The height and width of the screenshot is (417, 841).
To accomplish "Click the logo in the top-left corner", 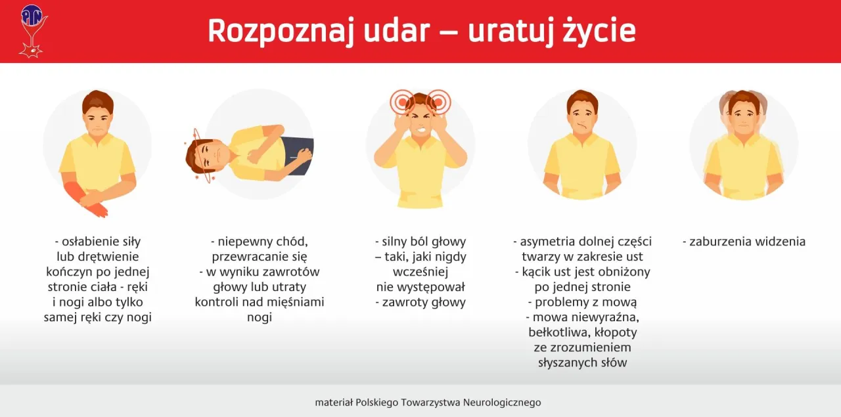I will pyautogui.click(x=32, y=30).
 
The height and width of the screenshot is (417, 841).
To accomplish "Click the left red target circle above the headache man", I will pyautogui.click(x=401, y=102).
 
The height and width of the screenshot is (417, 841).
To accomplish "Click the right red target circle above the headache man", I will pyautogui.click(x=438, y=102).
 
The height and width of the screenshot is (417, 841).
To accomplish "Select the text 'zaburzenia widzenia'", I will pyautogui.click(x=744, y=242).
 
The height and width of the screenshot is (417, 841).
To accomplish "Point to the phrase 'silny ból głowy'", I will pyautogui.click(x=420, y=242).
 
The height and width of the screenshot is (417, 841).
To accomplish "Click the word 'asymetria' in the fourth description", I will pyautogui.click(x=547, y=242).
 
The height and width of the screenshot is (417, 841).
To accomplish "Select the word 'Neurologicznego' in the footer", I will pyautogui.click(x=502, y=402).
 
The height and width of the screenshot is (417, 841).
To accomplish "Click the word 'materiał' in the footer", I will pyautogui.click(x=334, y=402).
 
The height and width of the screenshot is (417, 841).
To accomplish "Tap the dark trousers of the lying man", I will pyautogui.click(x=299, y=155).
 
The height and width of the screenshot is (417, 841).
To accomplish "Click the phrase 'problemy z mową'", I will pyautogui.click(x=582, y=302).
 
